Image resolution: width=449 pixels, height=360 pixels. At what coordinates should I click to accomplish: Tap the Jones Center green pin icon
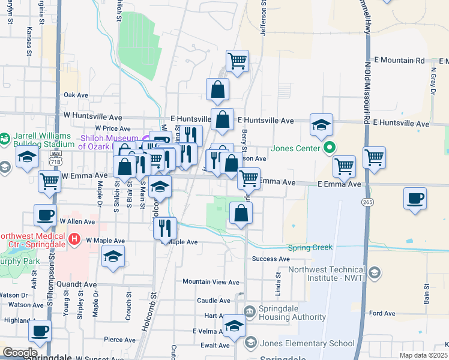point(329,147)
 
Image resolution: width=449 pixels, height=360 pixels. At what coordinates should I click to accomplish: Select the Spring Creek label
point(310,248)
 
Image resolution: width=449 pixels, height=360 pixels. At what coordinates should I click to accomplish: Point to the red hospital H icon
point(74,239)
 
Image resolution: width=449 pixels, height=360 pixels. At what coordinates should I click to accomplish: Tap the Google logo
point(20,353)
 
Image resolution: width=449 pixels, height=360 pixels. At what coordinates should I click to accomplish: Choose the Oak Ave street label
point(76,95)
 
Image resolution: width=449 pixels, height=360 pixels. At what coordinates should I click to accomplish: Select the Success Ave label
point(271,259)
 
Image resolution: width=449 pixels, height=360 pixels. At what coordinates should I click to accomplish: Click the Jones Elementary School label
point(307,344)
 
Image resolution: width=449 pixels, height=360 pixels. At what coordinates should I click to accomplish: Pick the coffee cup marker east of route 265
point(415,199)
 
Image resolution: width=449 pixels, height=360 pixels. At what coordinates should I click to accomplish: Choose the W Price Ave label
point(109,128)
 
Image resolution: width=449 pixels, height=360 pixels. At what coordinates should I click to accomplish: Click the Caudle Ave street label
point(214,301)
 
